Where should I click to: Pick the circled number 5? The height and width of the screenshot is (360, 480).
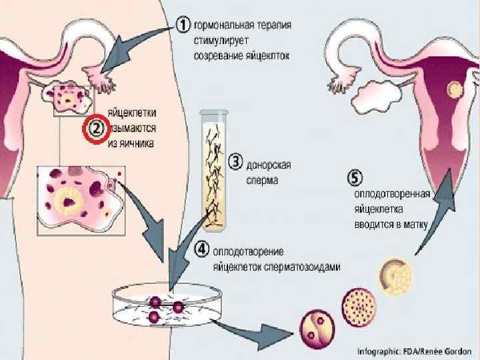[356, 178]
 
